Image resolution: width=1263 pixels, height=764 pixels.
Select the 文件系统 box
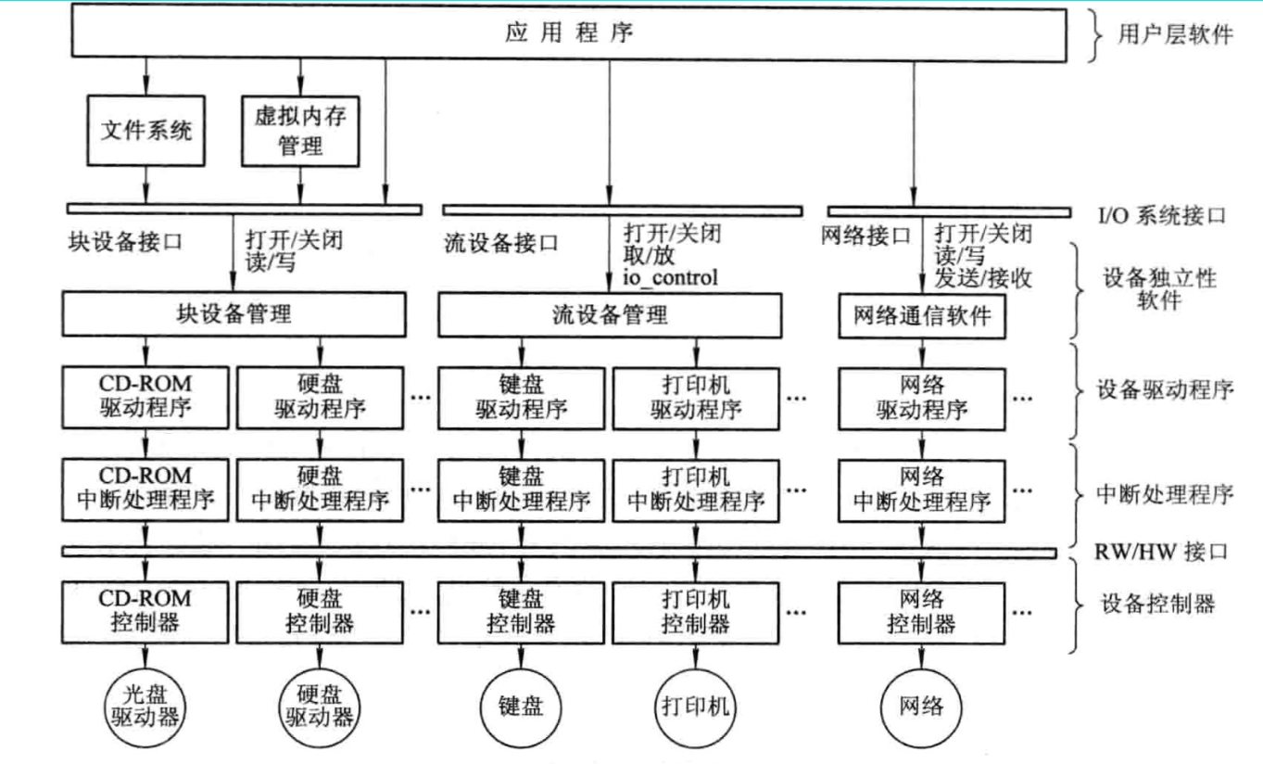coord(145,131)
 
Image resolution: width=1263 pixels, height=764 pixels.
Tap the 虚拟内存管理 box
coord(299,131)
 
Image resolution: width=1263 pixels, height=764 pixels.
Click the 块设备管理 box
coord(234,315)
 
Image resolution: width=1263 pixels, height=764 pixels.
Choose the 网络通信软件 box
coord(919,315)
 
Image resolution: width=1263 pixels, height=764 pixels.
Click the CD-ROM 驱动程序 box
coord(145,397)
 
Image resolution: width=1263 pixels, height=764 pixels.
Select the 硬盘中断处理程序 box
coord(321,490)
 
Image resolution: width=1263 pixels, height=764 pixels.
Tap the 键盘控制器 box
coord(521,609)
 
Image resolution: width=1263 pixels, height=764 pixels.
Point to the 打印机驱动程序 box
coord(696,397)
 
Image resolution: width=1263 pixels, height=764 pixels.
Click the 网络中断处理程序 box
coord(921,490)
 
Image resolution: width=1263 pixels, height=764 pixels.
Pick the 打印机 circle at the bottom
coord(696,707)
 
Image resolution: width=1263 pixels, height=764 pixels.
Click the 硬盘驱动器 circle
coord(318,707)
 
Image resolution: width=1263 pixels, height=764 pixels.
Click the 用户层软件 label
coord(1176,36)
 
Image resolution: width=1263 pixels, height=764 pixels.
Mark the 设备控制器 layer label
coord(1157,605)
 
